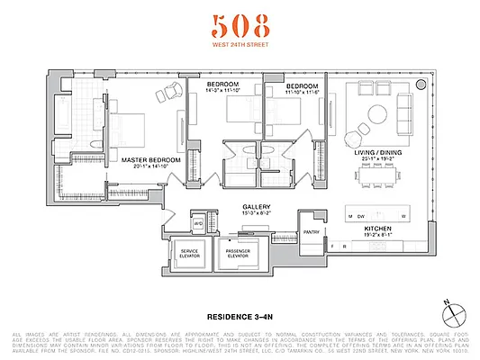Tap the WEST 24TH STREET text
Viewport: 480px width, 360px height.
239,45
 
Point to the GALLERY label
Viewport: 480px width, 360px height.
257,206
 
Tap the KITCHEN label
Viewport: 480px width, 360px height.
378,229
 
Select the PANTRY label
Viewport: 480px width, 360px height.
312,231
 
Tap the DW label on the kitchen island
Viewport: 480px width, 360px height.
360,217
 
